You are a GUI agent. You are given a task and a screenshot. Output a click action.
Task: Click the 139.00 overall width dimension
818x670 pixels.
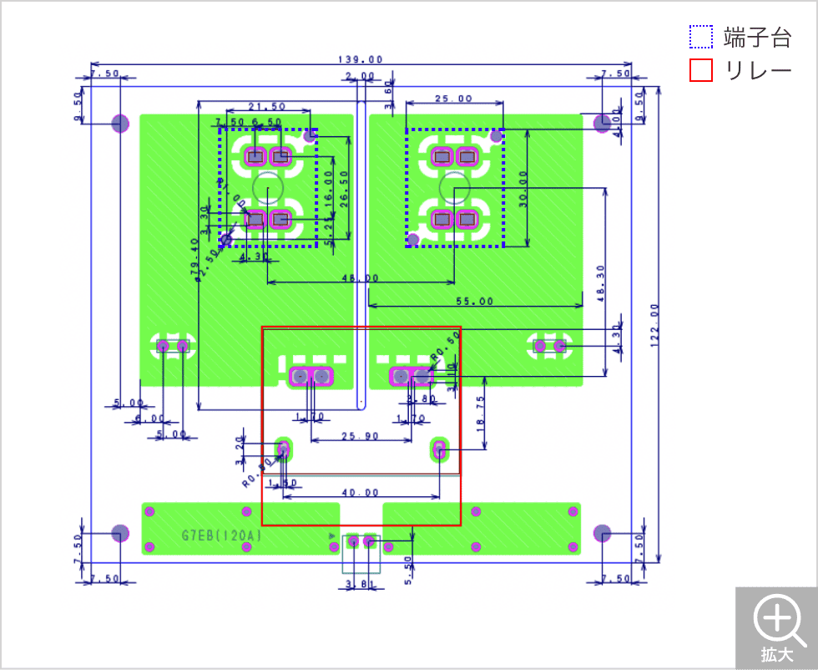click(x=361, y=60)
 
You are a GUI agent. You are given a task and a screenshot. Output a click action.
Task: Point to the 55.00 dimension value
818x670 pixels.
click(x=474, y=301)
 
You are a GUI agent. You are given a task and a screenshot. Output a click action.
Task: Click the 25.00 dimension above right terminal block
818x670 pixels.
click(x=454, y=99)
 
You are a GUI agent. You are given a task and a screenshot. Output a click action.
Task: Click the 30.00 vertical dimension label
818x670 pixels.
click(x=523, y=190)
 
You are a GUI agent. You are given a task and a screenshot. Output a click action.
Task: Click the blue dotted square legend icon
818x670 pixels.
click(x=701, y=38)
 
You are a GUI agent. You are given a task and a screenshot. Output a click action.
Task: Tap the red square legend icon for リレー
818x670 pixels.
click(x=701, y=70)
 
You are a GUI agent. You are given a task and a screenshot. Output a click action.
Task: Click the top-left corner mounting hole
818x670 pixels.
click(x=120, y=124)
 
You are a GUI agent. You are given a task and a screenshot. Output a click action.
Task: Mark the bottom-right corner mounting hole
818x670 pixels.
click(x=602, y=533)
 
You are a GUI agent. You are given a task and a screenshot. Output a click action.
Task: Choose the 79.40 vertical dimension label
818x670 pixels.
click(x=194, y=255)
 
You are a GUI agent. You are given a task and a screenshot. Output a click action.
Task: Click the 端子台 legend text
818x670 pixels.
click(x=757, y=38)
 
